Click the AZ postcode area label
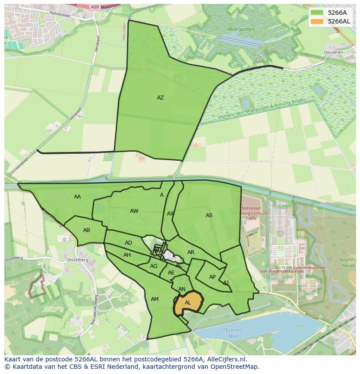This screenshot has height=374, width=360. click(160, 98)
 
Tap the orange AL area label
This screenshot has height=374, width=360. click(188, 303)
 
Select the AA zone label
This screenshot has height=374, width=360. click(77, 197)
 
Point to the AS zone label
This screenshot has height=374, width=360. click(209, 215)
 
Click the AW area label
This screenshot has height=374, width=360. click(134, 211)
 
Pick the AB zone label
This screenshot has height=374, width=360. click(87, 230)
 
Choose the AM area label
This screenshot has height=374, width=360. click(155, 299)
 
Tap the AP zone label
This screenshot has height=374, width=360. click(212, 277)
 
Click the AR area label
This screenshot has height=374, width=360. click(191, 252)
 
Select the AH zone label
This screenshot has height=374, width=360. click(127, 255)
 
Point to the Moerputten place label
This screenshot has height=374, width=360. click(241, 29)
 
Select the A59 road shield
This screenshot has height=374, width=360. click(95, 7)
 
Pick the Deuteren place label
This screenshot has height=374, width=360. click(334, 52)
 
